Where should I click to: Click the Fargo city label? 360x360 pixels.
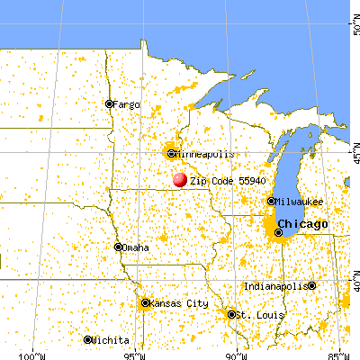tap(126, 103)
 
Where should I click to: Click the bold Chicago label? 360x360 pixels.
tap(301, 223)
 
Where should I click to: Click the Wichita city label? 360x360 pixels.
tap(108, 340)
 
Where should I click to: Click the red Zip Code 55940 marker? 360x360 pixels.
tap(181, 180)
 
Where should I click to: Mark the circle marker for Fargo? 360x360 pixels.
tap(109, 103)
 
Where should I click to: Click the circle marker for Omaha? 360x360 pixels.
tap(118, 247)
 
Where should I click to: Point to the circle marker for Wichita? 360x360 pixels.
tap(88, 340)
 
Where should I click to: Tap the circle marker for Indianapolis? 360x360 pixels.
tap(311, 286)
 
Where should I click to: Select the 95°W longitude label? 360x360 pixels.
tap(134, 353)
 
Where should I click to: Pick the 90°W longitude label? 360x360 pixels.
tap(236, 353)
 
